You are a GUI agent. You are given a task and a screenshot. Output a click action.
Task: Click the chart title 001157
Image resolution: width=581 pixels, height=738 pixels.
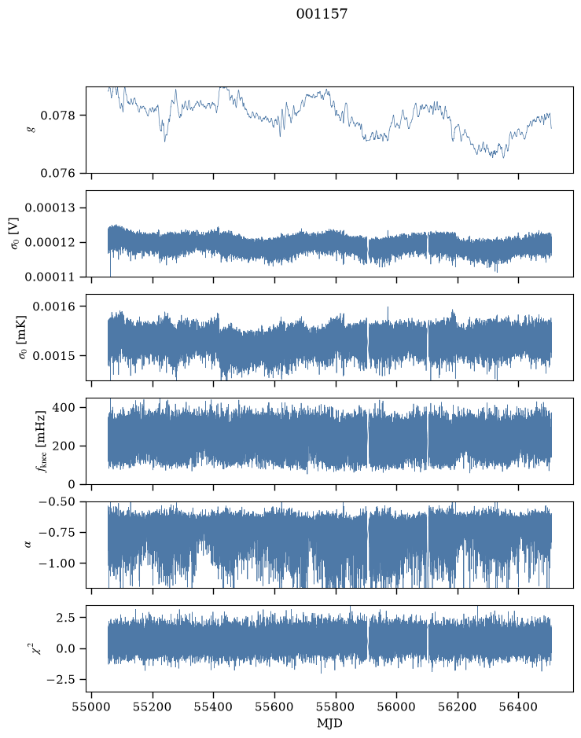[322, 14]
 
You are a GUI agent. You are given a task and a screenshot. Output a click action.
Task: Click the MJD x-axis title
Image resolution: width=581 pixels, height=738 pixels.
[329, 723]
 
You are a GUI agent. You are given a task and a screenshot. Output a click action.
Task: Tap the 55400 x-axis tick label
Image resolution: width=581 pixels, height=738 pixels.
[213, 707]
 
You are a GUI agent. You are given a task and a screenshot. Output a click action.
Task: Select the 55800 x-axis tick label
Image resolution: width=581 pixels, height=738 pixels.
[336, 707]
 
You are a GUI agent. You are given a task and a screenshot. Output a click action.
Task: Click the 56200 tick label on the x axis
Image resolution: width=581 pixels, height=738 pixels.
[458, 707]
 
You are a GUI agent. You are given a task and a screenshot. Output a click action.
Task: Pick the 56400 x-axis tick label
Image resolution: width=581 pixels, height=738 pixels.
[518, 707]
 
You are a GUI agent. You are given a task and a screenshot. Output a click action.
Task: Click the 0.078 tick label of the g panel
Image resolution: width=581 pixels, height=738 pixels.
[58, 116]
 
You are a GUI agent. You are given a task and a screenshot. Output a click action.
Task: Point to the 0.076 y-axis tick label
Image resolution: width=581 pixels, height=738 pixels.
[58, 173]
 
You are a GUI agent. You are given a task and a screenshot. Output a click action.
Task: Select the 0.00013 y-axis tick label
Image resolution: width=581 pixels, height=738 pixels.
[50, 208]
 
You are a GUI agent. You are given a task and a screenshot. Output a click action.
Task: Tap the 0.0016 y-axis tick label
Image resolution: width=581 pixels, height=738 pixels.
[53, 307]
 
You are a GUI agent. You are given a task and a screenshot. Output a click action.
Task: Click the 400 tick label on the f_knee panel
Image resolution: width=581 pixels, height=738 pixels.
[64, 407]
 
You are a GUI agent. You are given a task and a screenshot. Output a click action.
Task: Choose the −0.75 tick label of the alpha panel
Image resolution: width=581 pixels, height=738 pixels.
[57, 533]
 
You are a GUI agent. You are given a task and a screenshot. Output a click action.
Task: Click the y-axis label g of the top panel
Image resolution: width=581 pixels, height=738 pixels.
[32, 128]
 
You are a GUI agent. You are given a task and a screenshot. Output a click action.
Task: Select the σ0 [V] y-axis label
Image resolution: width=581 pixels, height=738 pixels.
[14, 233]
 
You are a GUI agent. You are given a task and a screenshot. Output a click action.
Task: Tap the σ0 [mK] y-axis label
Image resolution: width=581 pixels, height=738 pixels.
[22, 337]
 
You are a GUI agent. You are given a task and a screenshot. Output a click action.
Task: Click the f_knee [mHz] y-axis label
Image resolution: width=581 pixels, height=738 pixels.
[42, 442]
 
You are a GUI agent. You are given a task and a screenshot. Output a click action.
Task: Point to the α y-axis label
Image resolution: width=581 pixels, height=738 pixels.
[28, 545]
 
